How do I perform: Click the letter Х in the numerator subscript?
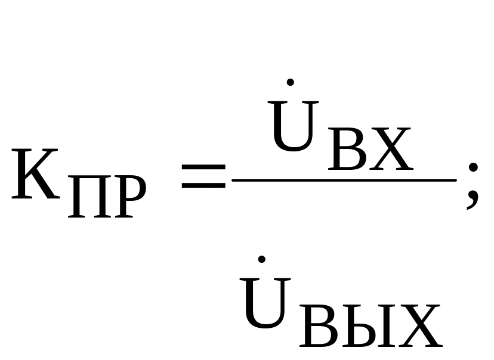388,149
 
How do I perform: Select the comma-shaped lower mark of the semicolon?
471,199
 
